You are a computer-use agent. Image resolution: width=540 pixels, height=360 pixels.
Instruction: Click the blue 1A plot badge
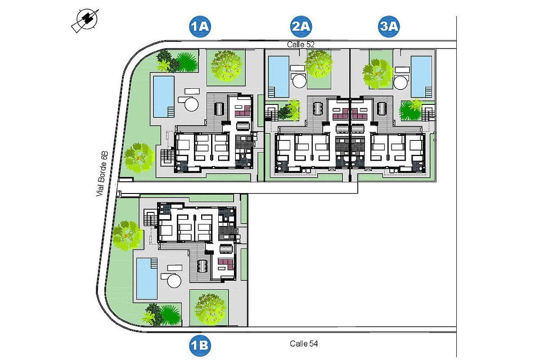200,26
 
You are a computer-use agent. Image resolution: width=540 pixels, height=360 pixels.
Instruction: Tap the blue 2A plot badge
301,26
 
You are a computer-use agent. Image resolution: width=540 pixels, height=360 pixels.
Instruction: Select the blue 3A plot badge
389,26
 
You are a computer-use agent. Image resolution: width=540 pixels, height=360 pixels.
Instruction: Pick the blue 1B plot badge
200,346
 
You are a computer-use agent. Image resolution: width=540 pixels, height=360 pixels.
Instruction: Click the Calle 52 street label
301,45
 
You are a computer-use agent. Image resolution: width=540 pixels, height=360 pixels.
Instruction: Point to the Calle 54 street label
304,344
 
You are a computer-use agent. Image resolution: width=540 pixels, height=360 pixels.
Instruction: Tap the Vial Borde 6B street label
102,174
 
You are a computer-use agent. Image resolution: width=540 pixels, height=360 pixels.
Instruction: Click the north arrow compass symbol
86,20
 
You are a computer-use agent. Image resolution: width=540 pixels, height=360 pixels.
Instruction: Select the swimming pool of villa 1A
164,97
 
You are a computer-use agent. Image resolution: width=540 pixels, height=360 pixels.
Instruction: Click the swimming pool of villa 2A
279,76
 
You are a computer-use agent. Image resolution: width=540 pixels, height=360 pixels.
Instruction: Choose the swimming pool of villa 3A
421,76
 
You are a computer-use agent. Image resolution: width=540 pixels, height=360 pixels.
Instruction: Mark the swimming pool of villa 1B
147,279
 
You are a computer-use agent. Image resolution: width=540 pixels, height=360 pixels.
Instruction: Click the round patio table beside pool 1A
191,104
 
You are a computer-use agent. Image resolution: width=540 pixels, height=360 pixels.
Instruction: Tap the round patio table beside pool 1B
174,281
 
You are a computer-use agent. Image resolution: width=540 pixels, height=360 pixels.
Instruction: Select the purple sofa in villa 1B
226,264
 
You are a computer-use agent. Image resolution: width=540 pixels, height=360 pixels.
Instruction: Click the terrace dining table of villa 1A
219,109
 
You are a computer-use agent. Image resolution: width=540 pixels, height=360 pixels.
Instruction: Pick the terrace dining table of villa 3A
382,108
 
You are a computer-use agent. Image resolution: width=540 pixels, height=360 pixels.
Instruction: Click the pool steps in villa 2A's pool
271,92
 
